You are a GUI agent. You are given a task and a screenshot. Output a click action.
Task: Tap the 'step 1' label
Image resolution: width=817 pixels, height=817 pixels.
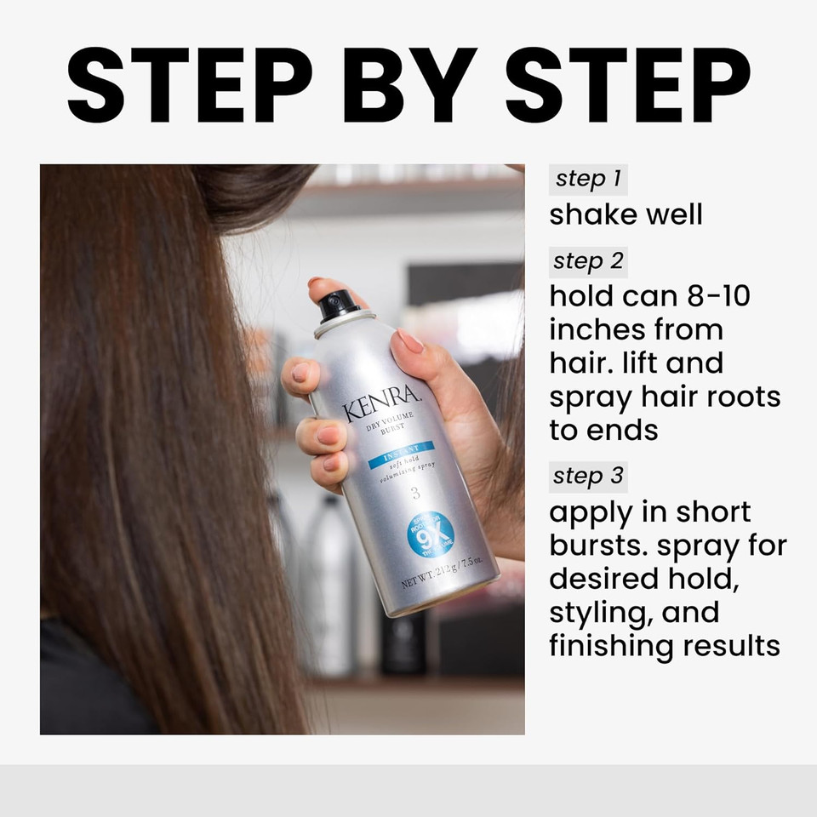pos(588,179)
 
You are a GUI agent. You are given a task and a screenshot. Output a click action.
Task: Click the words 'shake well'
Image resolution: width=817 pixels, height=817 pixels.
pos(626,214)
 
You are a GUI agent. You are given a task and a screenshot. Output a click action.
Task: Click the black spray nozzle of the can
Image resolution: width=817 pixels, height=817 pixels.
pos(340,305)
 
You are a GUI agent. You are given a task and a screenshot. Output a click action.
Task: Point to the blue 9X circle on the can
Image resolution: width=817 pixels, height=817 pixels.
pos(431,534)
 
